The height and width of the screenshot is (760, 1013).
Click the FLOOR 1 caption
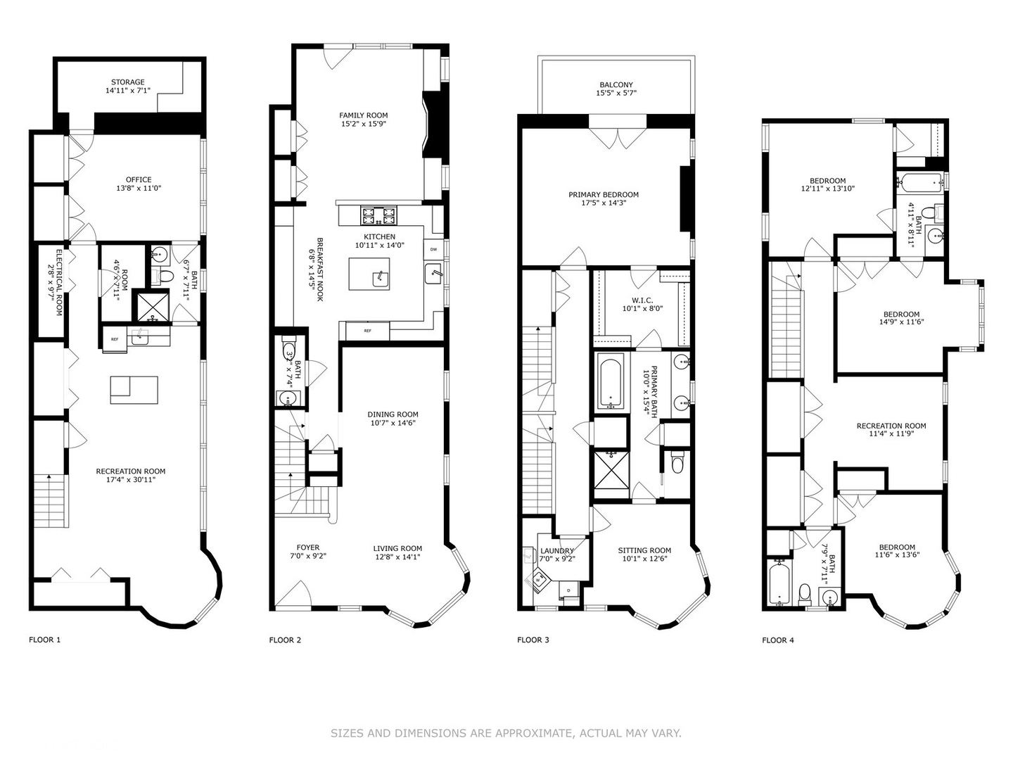click(x=44, y=640)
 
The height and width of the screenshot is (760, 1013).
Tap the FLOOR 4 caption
click(x=777, y=640)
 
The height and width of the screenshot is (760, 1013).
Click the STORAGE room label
click(x=127, y=82)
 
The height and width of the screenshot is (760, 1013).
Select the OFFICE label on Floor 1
click(x=139, y=179)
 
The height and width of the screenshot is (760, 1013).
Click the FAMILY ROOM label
click(x=363, y=115)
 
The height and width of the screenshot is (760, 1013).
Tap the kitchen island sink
click(x=381, y=277)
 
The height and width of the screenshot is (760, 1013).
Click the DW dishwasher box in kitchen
click(x=433, y=250)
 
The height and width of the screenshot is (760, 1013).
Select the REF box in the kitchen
click(x=367, y=331)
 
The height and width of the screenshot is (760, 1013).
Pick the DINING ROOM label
click(x=393, y=414)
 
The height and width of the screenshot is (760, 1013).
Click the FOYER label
click(x=307, y=547)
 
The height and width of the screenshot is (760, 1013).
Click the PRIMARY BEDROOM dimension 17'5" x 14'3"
click(x=604, y=203)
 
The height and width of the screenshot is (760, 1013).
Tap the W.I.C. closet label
click(x=642, y=300)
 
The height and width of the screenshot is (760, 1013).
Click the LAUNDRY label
click(x=556, y=551)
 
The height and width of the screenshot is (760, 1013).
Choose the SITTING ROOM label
click(x=644, y=551)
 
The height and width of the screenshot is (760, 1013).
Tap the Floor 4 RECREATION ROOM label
click(x=891, y=426)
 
